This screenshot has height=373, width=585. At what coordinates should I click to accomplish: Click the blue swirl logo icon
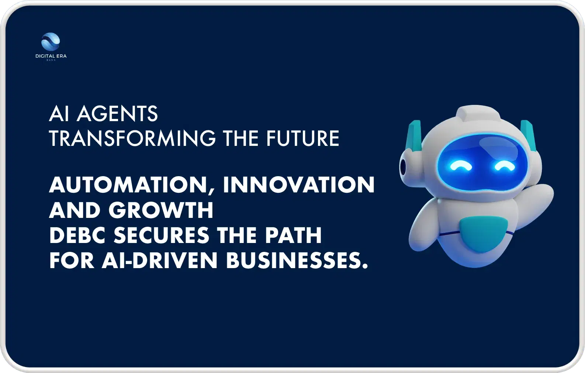point(51,41)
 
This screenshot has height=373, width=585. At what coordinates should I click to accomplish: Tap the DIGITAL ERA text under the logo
point(51,56)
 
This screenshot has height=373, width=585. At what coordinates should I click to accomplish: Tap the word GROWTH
point(161,210)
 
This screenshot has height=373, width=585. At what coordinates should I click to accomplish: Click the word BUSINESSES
point(297,260)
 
